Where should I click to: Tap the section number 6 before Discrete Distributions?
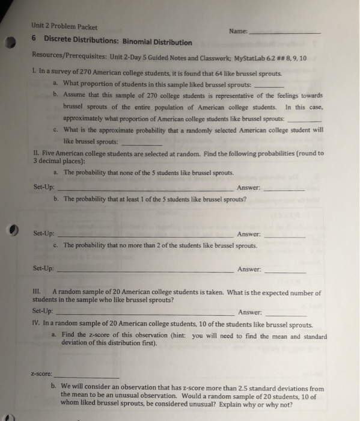tap(34, 41)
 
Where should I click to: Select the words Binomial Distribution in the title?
tap(158, 43)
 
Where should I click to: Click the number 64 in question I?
tap(207, 73)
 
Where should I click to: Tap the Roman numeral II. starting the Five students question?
tap(35, 153)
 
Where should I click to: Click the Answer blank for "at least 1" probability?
tap(284, 235)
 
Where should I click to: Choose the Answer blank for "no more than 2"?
tap(284, 271)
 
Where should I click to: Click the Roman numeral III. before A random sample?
tap(35, 292)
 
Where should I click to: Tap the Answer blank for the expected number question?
tap(285, 314)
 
